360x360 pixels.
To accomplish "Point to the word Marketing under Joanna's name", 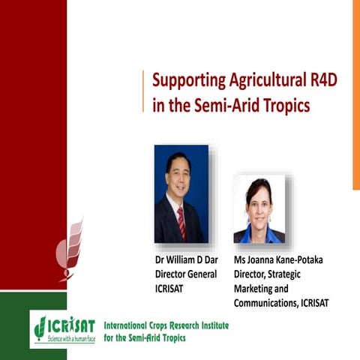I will pos(257,289).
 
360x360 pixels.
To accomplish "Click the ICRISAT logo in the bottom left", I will pos(63,327).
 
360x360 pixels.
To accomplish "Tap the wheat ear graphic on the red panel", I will pos(73,247).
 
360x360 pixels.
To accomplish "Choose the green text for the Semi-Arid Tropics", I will pos(153,338).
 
